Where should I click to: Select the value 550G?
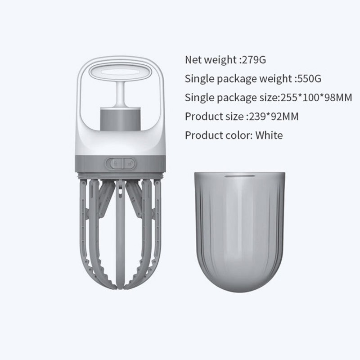tap(309, 79)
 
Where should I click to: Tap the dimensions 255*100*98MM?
tap(315, 98)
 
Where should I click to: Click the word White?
tap(269, 135)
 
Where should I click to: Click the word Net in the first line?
tap(193, 59)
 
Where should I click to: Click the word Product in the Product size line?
tap(201, 117)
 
